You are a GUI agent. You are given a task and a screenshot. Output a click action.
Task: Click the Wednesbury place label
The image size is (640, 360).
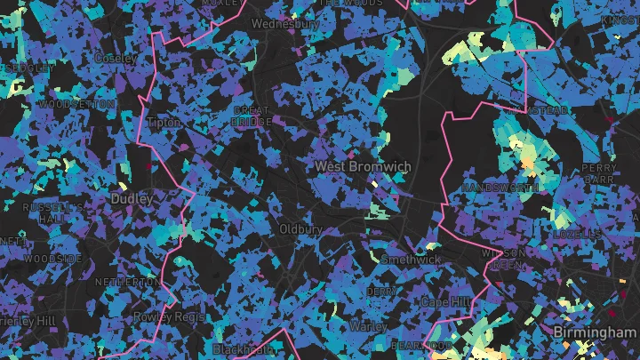[x=285, y=24]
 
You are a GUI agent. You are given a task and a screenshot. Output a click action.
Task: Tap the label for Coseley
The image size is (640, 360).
[x=116, y=58]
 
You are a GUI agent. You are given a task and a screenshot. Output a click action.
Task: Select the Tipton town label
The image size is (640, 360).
[x=164, y=122]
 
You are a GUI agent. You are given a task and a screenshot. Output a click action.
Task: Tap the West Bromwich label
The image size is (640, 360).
[x=363, y=166]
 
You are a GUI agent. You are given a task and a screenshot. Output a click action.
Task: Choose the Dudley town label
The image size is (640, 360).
[x=132, y=200]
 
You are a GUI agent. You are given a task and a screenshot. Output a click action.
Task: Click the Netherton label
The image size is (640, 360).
[x=127, y=281]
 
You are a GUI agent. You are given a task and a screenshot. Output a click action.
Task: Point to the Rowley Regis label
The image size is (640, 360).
[x=169, y=316]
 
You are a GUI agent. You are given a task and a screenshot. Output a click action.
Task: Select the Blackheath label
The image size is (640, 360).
[x=245, y=349]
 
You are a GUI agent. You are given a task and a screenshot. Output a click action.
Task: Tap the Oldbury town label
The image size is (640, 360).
[x=300, y=228]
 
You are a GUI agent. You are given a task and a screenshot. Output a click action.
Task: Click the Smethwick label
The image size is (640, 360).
[x=410, y=260]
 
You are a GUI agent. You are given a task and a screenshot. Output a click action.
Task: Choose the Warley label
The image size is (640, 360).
[x=368, y=325]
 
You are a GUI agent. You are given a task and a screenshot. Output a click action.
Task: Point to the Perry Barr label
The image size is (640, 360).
[x=599, y=173]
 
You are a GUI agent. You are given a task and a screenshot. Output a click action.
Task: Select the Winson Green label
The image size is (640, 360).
[x=503, y=259]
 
